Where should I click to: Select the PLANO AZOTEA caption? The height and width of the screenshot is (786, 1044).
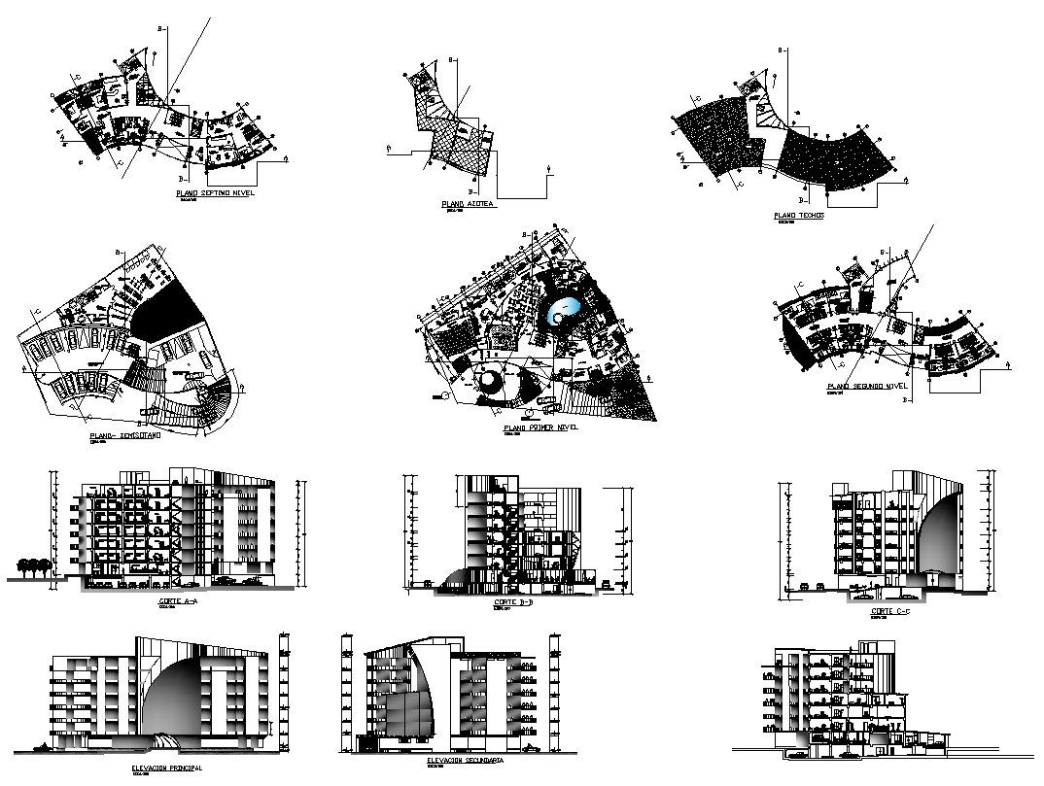pyautogui.click(x=468, y=205)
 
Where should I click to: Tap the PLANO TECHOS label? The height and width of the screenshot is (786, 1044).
pyautogui.click(x=798, y=216)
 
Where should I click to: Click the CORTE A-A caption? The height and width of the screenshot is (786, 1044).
pyautogui.click(x=177, y=601)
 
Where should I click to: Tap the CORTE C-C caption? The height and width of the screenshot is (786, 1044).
pyautogui.click(x=888, y=612)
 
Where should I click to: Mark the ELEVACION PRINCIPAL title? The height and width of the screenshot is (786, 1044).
pyautogui.click(x=166, y=767)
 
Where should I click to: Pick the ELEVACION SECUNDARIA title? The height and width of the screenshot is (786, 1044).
pyautogui.click(x=465, y=762)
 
